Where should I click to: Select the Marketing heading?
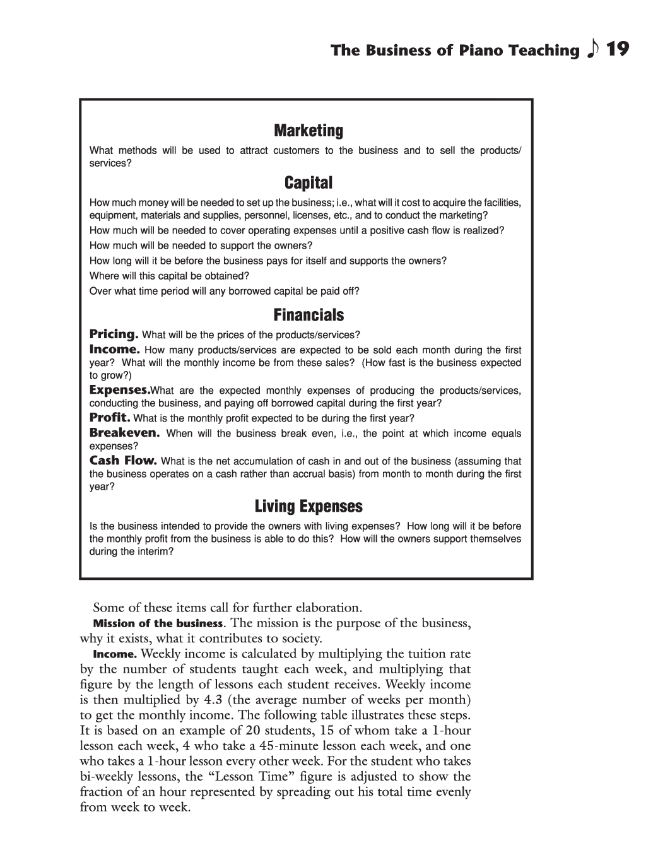point(309,131)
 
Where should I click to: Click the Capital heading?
point(309,183)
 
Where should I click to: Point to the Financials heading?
point(309,315)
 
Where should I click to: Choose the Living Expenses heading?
point(309,507)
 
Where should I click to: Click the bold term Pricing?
point(114,334)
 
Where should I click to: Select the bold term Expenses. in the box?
point(120,389)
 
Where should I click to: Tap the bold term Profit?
point(110,417)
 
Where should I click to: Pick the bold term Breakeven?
point(124,433)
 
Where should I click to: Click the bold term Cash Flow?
point(123,461)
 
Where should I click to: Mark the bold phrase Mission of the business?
point(158,623)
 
